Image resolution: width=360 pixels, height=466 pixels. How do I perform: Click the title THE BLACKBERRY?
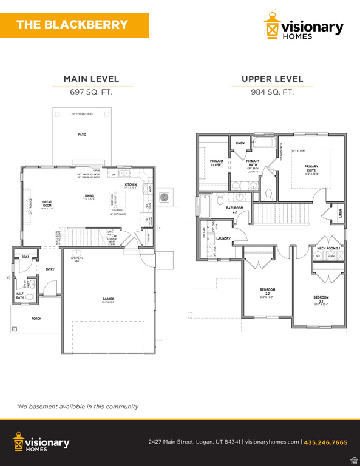click(72, 25)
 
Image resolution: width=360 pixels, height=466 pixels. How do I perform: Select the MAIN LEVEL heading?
click(91, 79)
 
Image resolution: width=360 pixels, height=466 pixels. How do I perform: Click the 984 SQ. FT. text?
click(272, 92)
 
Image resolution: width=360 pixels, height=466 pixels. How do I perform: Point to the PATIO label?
click(81, 135)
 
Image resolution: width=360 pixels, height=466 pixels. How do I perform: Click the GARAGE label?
click(108, 299)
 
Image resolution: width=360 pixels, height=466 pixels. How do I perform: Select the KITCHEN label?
click(131, 184)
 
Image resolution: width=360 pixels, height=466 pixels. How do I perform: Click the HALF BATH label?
click(20, 295)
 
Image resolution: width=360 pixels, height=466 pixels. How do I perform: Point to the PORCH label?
click(20, 319)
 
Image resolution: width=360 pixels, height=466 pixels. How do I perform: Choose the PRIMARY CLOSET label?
click(217, 163)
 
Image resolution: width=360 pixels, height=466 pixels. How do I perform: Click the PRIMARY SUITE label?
click(311, 168)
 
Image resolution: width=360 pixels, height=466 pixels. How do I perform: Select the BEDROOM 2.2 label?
click(267, 291)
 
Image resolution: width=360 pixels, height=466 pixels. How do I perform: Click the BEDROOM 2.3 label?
click(321, 299)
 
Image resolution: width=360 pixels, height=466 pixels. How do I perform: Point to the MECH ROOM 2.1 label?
click(328, 248)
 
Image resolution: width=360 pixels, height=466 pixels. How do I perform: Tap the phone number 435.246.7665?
click(325, 442)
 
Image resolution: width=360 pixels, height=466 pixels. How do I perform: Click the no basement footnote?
click(78, 407)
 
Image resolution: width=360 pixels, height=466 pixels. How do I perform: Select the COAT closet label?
click(25, 257)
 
